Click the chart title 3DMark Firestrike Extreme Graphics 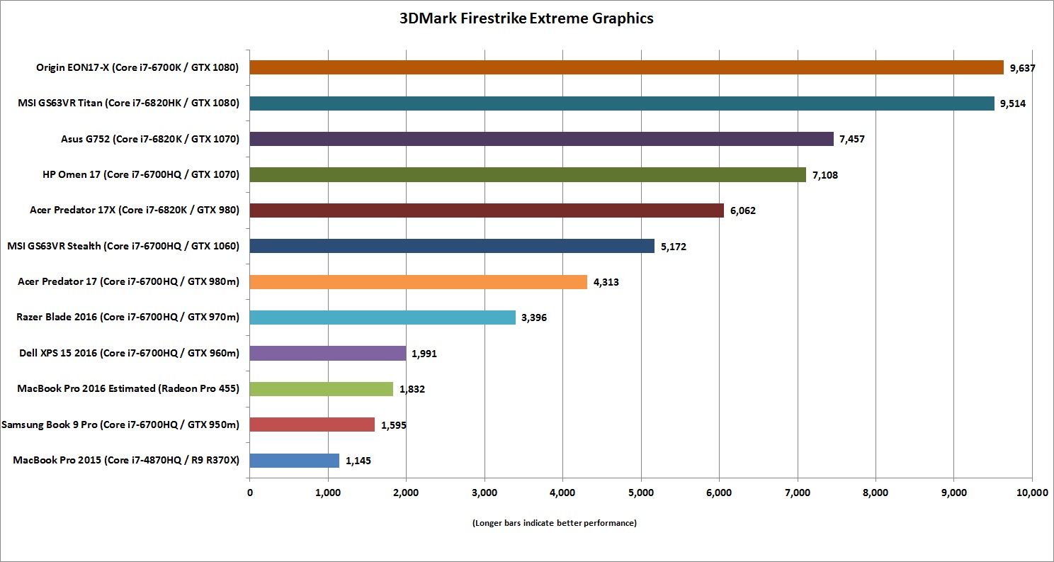[526, 19]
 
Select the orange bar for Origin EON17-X [626, 67]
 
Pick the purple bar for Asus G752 [541, 139]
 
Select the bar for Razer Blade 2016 [382, 317]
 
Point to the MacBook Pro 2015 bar [294, 460]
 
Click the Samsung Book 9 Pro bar [312, 425]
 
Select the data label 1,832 [412, 389]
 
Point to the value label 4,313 [606, 282]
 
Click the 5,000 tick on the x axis [640, 492]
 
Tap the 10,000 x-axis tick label [1031, 492]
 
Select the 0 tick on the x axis [250, 492]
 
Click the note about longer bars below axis [554, 523]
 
